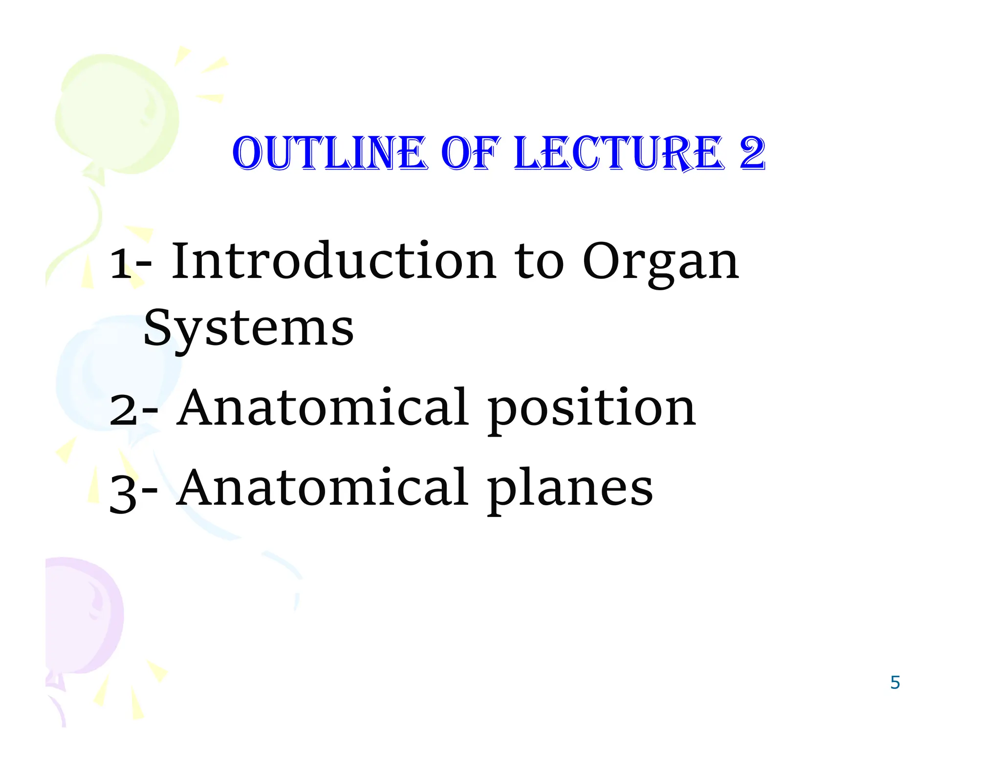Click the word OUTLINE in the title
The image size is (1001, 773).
(x=330, y=154)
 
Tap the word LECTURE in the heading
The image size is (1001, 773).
(x=619, y=154)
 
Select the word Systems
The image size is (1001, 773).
(x=248, y=328)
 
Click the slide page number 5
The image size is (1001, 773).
(x=895, y=682)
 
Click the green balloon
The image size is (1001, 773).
(x=117, y=112)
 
